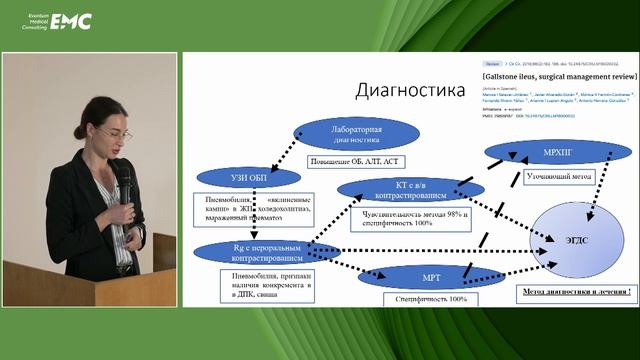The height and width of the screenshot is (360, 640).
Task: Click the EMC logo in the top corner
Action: tap(72, 20)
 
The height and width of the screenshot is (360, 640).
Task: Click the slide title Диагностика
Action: tap(411, 91)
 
